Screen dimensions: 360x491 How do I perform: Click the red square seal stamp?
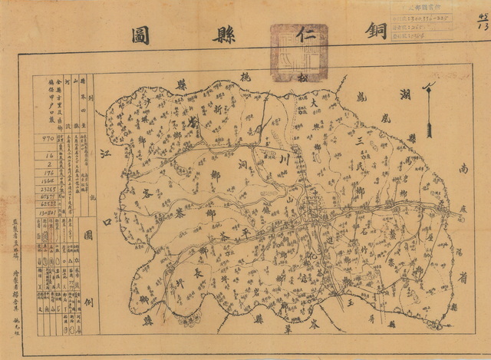pyautogui.click(x=298, y=51)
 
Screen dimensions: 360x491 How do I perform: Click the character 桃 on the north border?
pyautogui.click(x=225, y=81)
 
